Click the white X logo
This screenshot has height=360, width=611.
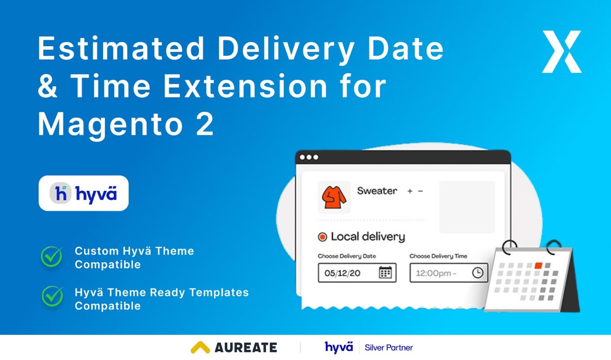point(562,52)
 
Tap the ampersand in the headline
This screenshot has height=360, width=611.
point(48,86)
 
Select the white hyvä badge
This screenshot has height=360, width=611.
point(84,193)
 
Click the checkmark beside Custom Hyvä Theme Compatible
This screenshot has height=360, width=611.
point(52,257)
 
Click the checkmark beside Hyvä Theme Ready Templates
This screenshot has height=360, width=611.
point(52,296)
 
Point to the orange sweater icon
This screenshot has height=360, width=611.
point(334,197)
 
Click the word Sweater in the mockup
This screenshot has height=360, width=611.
point(377,191)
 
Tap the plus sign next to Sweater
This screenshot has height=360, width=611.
point(410,191)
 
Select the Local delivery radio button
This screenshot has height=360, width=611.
point(322,237)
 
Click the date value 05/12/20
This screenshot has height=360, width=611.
point(342,273)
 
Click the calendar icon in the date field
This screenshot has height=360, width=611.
point(385,272)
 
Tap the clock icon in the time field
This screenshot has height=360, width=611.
point(477,272)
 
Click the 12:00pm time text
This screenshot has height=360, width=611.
point(434,273)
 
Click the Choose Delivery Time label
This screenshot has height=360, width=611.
point(438,256)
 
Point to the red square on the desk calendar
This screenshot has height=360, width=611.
point(539,265)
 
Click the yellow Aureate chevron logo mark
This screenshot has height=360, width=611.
point(200,347)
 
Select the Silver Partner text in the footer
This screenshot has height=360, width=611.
point(389,348)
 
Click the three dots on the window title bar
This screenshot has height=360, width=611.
point(309,157)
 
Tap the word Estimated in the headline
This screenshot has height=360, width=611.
point(121,49)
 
